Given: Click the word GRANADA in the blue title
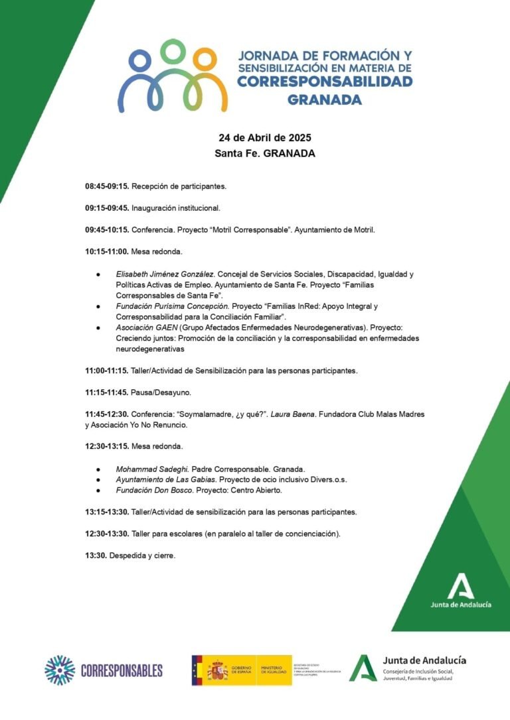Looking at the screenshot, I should [x=325, y=100].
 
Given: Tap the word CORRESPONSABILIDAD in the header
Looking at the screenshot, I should [x=325, y=82].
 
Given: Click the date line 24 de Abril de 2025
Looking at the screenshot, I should [x=265, y=138].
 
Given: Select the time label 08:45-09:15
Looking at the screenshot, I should [x=106, y=187].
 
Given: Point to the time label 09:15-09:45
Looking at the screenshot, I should [x=106, y=208].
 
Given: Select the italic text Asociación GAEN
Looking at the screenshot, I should [x=146, y=328].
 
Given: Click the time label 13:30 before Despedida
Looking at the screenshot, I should [x=96, y=555].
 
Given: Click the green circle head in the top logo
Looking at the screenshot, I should [x=173, y=50].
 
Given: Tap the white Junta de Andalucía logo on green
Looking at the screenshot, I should [x=461, y=591].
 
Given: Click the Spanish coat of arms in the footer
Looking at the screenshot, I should [x=217, y=670].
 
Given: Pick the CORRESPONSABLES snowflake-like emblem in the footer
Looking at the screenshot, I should [x=60, y=670].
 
